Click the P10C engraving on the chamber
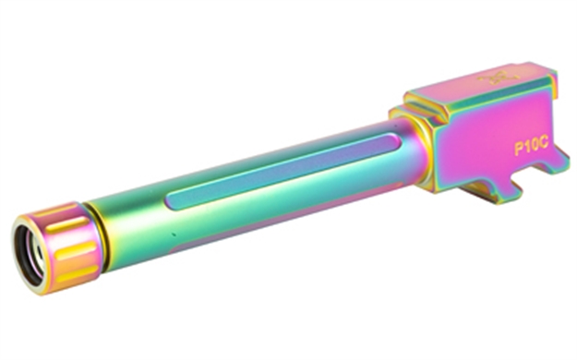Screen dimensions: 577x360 [x=532, y=148]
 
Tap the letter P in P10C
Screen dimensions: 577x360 [x=519, y=150]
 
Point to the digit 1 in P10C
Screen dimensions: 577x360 [x=526, y=149]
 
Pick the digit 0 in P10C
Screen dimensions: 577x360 [x=535, y=147]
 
